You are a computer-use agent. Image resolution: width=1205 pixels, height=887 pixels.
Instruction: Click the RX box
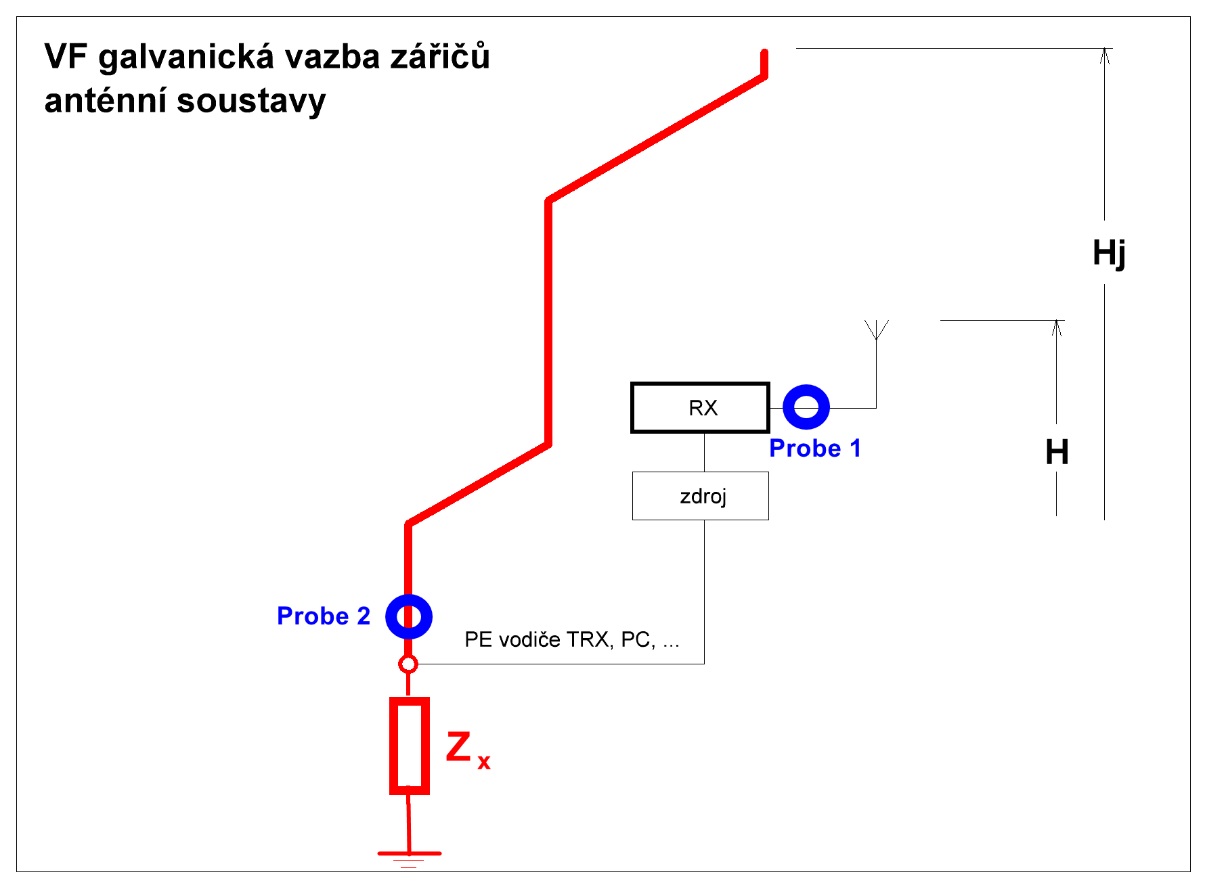(x=700, y=407)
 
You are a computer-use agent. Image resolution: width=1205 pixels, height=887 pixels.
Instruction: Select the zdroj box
(x=700, y=496)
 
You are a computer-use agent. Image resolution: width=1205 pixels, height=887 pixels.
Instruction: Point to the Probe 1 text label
(x=814, y=448)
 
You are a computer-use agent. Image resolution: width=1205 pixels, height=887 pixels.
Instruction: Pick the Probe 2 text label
(x=324, y=616)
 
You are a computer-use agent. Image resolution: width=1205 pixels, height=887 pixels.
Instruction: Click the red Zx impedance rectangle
(x=409, y=745)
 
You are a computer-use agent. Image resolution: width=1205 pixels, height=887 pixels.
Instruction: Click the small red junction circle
(x=408, y=664)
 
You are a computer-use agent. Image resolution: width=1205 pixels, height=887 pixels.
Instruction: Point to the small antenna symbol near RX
(x=877, y=330)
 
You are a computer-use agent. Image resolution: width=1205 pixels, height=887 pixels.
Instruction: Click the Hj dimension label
(x=1109, y=253)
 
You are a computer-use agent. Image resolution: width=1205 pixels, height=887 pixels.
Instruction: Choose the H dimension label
(x=1057, y=451)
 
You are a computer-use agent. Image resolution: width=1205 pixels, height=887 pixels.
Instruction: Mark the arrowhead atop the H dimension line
(x=1057, y=328)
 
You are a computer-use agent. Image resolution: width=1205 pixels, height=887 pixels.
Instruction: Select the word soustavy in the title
(x=251, y=101)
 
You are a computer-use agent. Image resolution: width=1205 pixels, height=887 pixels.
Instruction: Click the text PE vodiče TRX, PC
(x=571, y=639)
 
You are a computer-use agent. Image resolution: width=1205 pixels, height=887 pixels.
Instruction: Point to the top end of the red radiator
(x=764, y=53)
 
